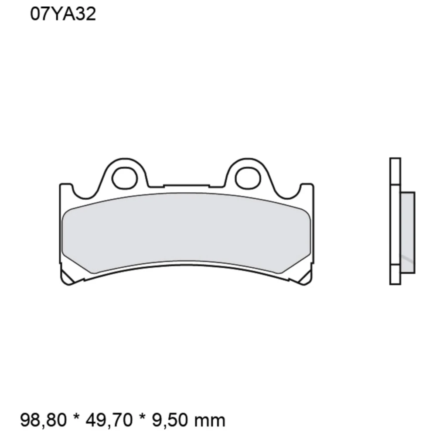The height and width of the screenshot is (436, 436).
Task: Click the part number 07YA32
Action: [x=63, y=15]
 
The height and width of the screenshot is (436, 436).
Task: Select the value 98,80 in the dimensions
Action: [x=43, y=420]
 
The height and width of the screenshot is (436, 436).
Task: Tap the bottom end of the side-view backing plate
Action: [x=395, y=279]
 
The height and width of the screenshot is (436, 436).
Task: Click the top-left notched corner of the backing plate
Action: [x=65, y=188]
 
